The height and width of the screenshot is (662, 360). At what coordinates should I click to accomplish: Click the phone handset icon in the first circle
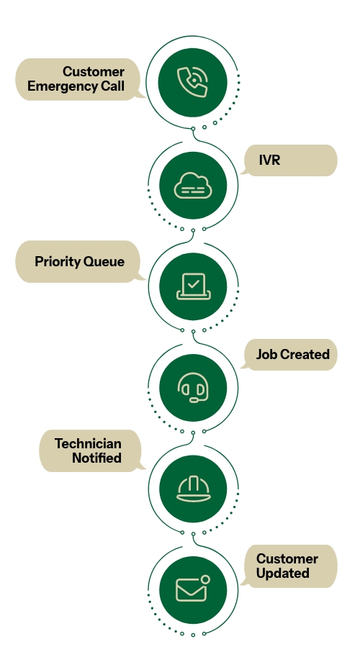[x=192, y=81]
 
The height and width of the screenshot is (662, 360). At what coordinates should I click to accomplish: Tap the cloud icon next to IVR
[x=192, y=186]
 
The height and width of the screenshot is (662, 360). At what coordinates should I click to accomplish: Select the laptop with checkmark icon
[x=192, y=287]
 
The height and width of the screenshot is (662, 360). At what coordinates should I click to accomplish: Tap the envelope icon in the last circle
[x=192, y=590]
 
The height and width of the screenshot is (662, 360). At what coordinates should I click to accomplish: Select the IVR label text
[x=269, y=160]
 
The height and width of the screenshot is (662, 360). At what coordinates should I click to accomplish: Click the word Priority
[x=58, y=262]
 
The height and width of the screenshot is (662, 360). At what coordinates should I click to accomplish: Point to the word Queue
[x=104, y=262]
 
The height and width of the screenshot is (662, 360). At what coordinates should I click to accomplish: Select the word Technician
[x=88, y=443]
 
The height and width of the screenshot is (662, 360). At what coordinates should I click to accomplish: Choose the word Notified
[x=96, y=458]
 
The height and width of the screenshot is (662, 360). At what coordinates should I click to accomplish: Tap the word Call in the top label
[x=113, y=86]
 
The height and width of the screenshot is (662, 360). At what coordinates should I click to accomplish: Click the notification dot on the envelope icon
[x=205, y=579]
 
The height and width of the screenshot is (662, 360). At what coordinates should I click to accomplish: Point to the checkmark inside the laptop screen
[x=192, y=284]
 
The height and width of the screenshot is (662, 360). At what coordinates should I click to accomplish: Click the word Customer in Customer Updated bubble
[x=287, y=558]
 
